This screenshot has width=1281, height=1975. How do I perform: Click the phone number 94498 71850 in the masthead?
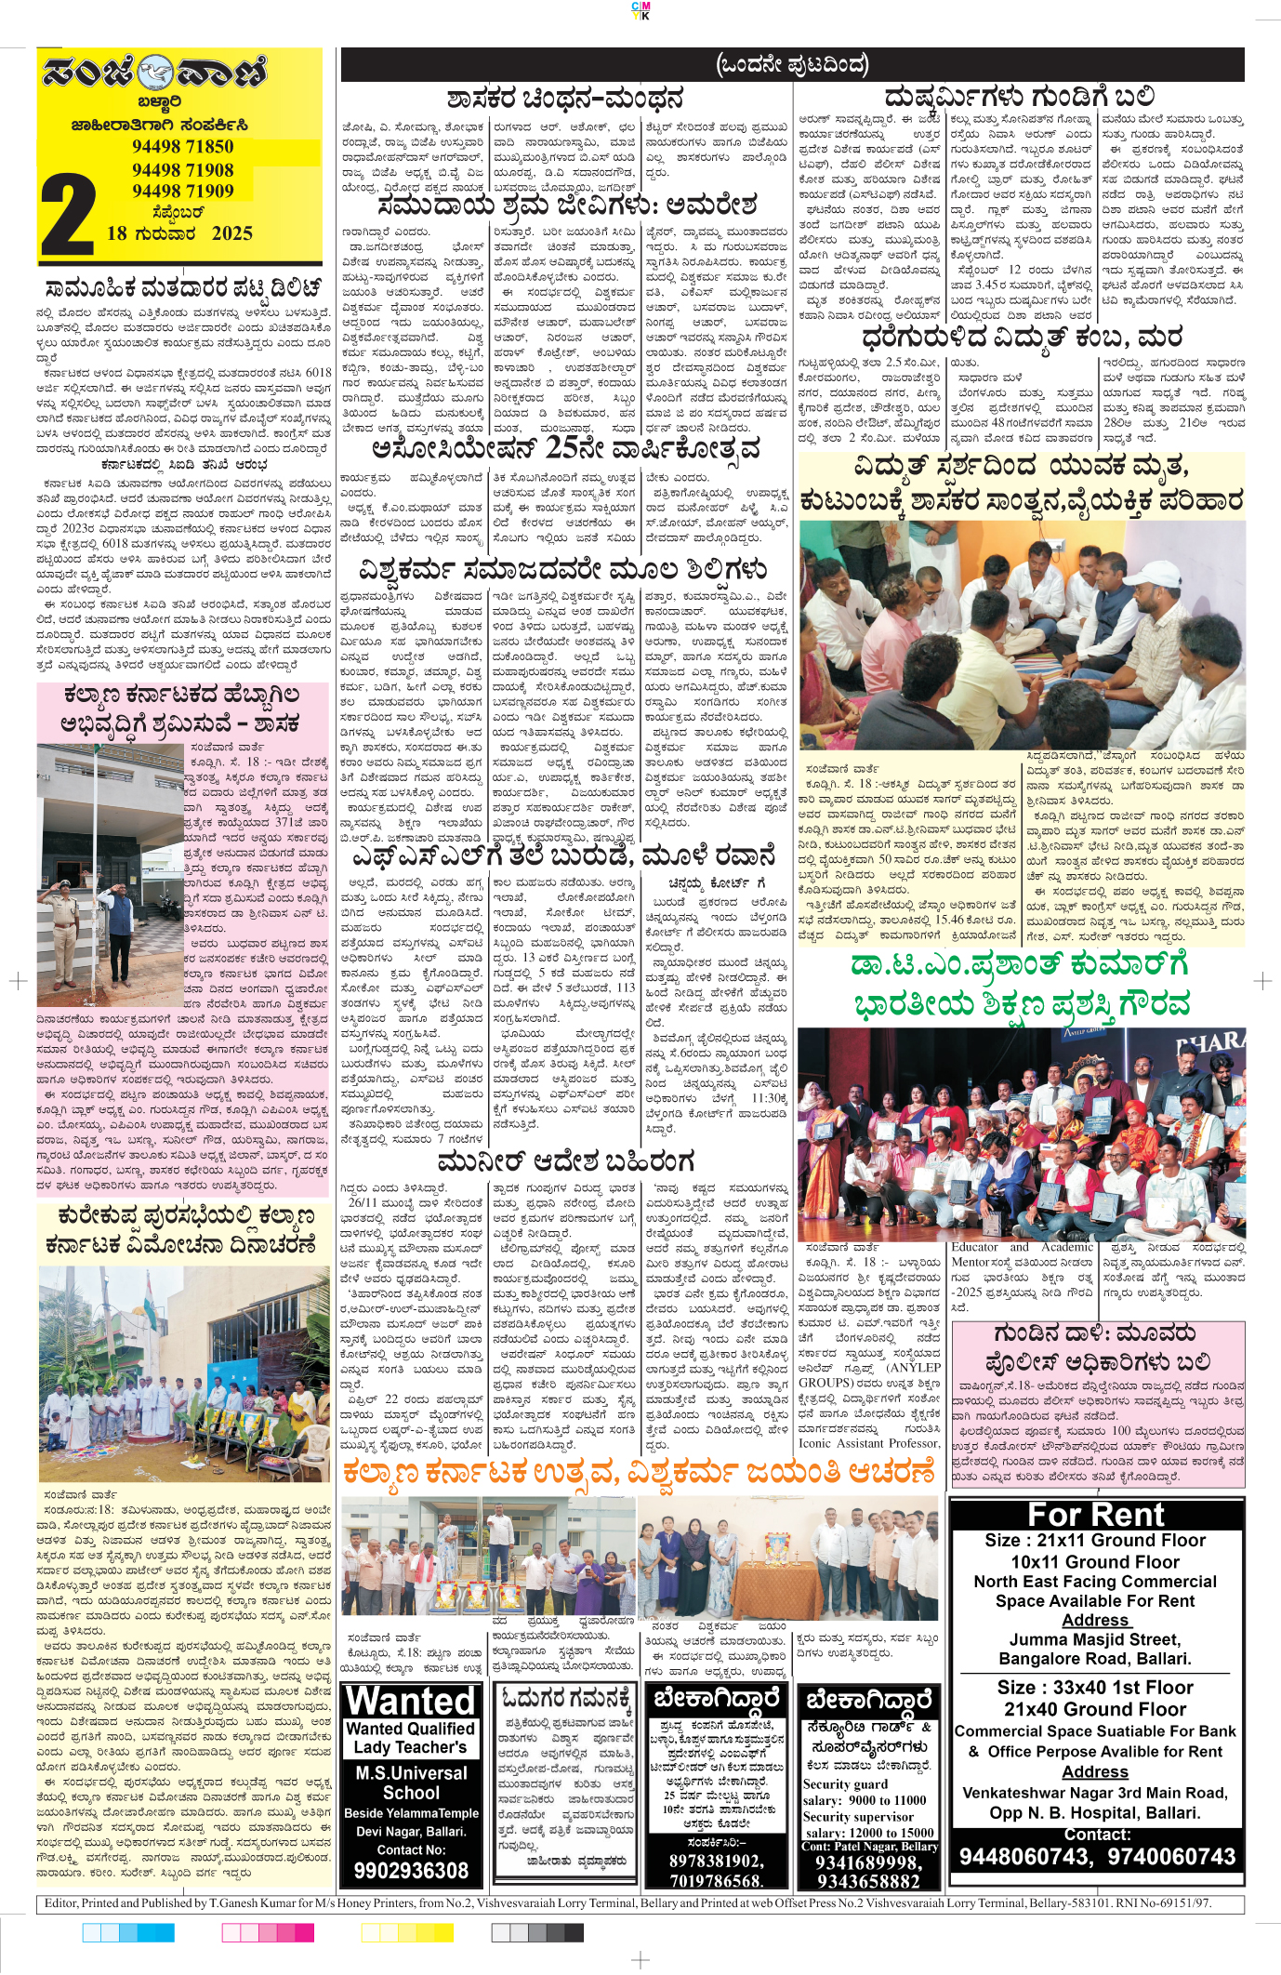pyautogui.click(x=182, y=146)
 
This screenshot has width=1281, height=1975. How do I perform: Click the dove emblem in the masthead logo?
pyautogui.click(x=154, y=72)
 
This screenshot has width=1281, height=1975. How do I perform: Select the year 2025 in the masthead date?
pyautogui.click(x=231, y=233)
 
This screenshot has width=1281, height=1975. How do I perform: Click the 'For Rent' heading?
pyautogui.click(x=1095, y=1515)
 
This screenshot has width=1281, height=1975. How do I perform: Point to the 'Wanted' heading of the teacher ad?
pyautogui.click(x=411, y=1701)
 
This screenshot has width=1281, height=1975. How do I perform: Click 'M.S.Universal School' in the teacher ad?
pyautogui.click(x=411, y=1783)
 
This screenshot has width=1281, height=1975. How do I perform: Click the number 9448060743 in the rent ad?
pyautogui.click(x=1024, y=1857)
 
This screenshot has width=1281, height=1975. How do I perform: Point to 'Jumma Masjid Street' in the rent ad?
pyautogui.click(x=1095, y=1639)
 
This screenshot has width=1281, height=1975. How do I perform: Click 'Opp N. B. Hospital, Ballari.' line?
pyautogui.click(x=1095, y=1812)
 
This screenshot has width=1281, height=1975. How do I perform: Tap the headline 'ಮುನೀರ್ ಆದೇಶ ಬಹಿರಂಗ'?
pyautogui.click(x=565, y=1161)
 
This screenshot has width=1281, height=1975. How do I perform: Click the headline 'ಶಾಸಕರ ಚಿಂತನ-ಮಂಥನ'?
pyautogui.click(x=565, y=99)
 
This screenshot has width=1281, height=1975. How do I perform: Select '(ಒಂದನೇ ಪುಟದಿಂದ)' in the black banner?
pyautogui.click(x=792, y=64)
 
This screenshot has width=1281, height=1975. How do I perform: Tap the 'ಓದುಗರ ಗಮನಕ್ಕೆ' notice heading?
pyautogui.click(x=564, y=1698)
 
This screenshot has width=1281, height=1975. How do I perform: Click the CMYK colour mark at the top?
pyautogui.click(x=640, y=10)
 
